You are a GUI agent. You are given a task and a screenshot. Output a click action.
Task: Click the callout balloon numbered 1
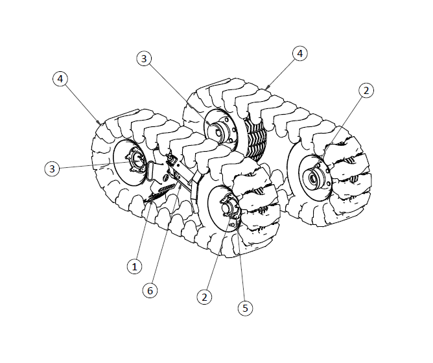[134, 266]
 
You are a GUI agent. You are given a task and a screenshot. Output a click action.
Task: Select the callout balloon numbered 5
[244, 308]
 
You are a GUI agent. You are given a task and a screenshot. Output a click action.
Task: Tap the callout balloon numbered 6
[150, 290]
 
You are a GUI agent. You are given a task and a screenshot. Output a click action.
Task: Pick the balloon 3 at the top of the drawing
[144, 58]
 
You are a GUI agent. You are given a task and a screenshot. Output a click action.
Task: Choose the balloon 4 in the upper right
[299, 53]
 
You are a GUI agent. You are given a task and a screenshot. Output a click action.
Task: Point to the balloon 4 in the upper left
[60, 78]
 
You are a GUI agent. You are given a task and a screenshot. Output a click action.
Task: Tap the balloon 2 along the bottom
[205, 297]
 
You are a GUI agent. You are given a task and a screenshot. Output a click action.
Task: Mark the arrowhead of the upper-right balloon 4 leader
[265, 88]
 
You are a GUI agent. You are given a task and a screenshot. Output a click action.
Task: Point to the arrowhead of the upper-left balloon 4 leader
[99, 124]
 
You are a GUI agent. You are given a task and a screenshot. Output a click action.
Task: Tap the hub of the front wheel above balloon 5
[228, 207]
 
